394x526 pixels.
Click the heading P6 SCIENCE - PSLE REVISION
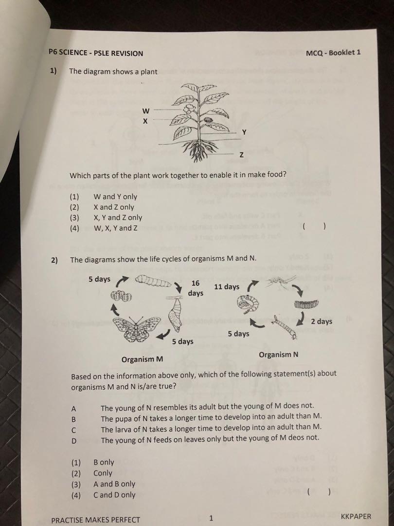96,54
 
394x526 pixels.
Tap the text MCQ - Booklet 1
333,53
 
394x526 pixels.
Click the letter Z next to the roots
241,155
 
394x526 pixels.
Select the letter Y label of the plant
244,132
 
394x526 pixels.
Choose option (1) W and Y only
115,197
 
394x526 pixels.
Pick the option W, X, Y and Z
118,228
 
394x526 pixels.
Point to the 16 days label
196,288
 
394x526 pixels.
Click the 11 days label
227,287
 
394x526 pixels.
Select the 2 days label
322,321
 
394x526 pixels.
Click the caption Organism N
279,355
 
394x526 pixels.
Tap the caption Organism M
142,360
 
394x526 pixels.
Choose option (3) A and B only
114,484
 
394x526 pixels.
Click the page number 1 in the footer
210,519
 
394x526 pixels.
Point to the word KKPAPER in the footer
356,517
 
